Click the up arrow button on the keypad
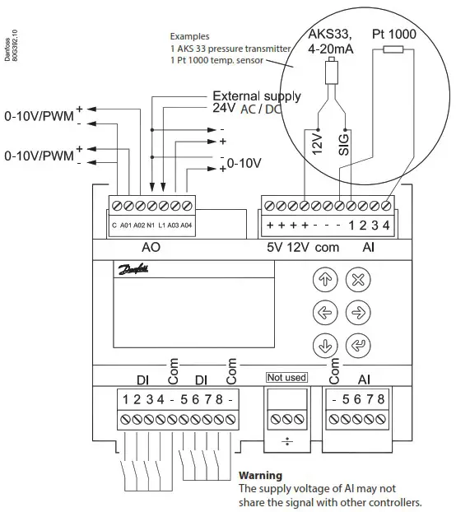point(322,279)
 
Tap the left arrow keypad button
point(322,313)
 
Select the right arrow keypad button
point(356,313)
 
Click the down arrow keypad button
point(322,347)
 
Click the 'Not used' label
point(286,378)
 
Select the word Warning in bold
point(260,476)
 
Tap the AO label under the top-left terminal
point(151,246)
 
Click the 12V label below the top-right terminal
point(305,246)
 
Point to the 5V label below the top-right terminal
point(276,246)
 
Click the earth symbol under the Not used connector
point(286,441)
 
